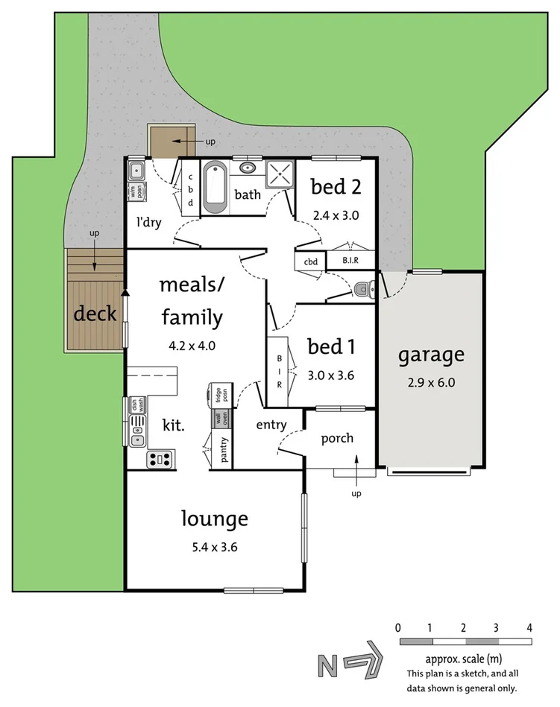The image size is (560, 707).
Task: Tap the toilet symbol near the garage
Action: point(363,289)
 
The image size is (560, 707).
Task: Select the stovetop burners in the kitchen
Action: point(160,457)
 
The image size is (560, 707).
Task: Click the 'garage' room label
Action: point(430,355)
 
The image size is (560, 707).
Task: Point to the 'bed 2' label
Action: point(336,187)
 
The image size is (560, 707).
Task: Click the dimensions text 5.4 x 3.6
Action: point(213,547)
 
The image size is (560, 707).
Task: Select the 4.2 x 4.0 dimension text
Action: point(192,346)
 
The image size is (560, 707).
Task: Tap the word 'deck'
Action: point(95,314)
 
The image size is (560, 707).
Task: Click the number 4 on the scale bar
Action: point(529,627)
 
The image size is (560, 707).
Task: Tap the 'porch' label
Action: point(337,438)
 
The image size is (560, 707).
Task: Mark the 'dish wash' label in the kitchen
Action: point(136,406)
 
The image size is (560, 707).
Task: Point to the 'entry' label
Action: point(271,425)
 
